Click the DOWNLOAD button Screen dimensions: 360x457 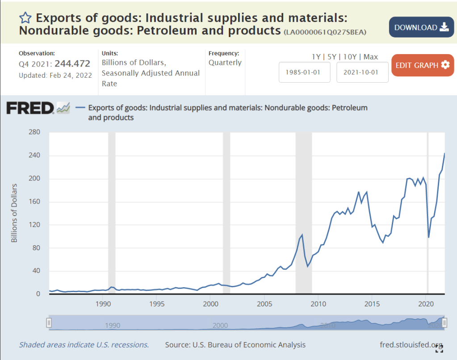(x=421, y=27)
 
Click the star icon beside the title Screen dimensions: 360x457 (x=25, y=18)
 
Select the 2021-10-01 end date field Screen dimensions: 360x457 (x=362, y=72)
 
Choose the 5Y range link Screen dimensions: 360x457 (x=332, y=57)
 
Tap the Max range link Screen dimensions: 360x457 (x=371, y=57)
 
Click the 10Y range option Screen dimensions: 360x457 (x=350, y=57)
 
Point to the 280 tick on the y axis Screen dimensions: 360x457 (x=35, y=132)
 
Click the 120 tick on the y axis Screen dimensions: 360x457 (x=35, y=225)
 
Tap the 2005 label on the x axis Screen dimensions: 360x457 (x=264, y=304)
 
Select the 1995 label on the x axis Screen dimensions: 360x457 (x=157, y=304)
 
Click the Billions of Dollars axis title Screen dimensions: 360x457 (x=14, y=213)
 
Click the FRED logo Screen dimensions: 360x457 (x=30, y=108)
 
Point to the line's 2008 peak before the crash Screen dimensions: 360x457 (x=302, y=234)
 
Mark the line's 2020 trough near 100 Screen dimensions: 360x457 (x=429, y=237)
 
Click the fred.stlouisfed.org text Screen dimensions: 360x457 (x=410, y=344)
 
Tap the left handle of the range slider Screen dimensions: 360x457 (x=49, y=322)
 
